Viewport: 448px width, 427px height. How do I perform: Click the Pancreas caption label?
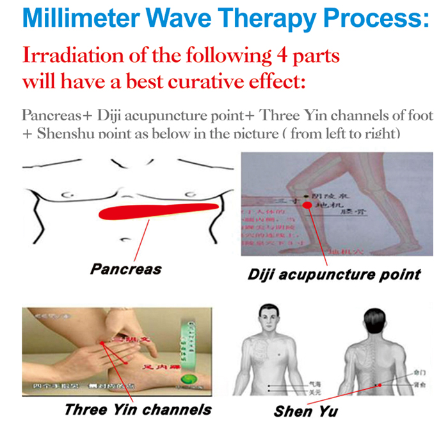(125, 268)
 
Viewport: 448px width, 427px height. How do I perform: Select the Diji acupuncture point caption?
(334, 274)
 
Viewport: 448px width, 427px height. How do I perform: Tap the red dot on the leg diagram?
(307, 205)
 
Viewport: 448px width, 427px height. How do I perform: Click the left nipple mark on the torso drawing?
(65, 195)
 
